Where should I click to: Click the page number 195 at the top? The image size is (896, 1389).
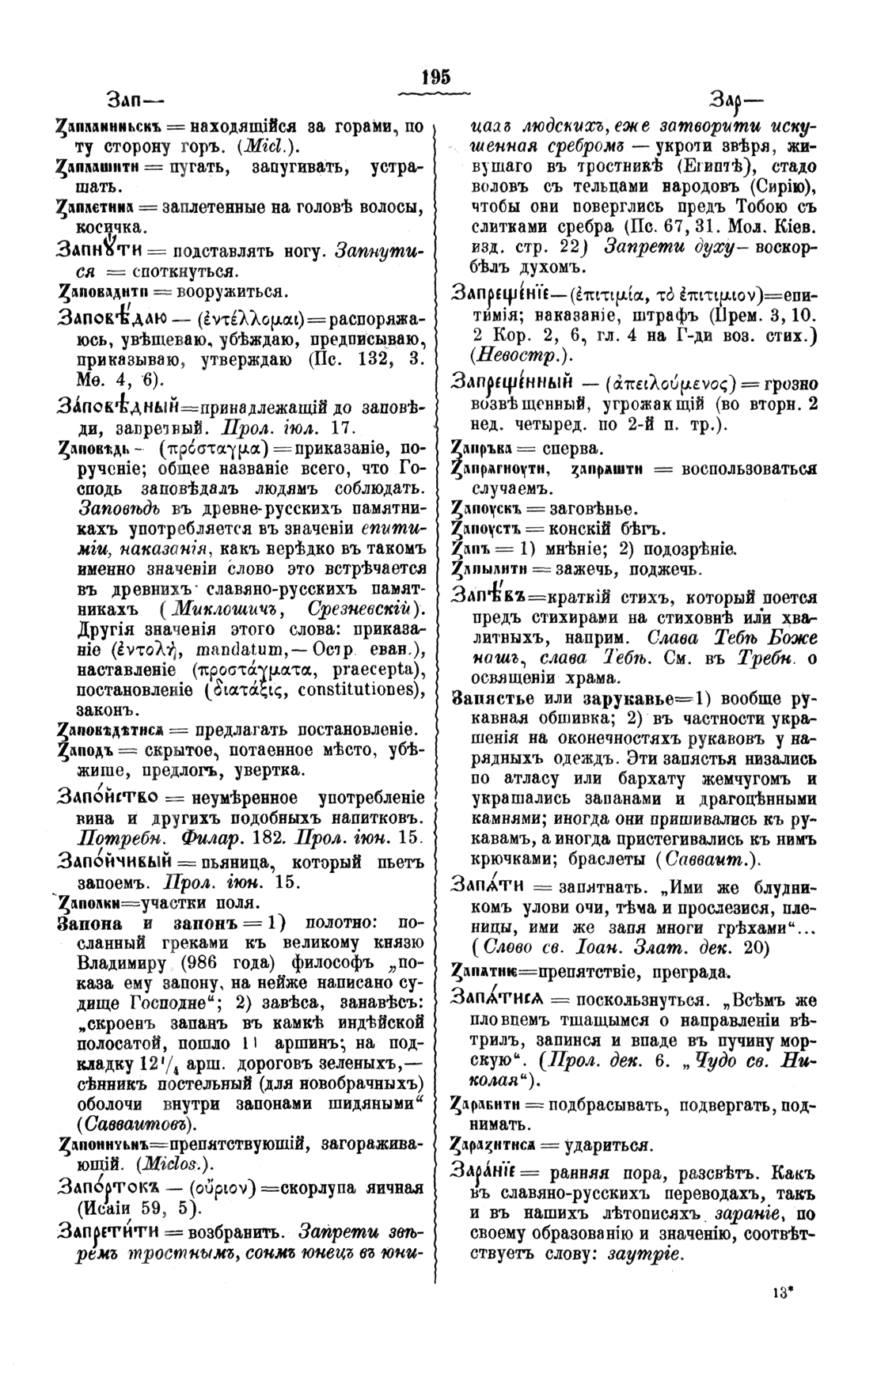coord(436,77)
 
